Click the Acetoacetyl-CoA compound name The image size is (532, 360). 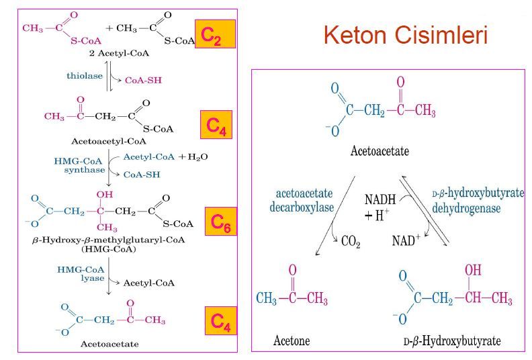point(108,142)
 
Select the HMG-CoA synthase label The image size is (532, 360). point(78,166)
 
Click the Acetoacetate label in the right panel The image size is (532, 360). point(380,152)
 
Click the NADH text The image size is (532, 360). point(380,200)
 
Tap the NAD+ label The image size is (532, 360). point(405,240)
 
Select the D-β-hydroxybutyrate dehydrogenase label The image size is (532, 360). point(478,201)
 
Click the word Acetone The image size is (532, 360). point(292,341)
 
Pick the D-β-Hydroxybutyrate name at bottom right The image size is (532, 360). point(452,341)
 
